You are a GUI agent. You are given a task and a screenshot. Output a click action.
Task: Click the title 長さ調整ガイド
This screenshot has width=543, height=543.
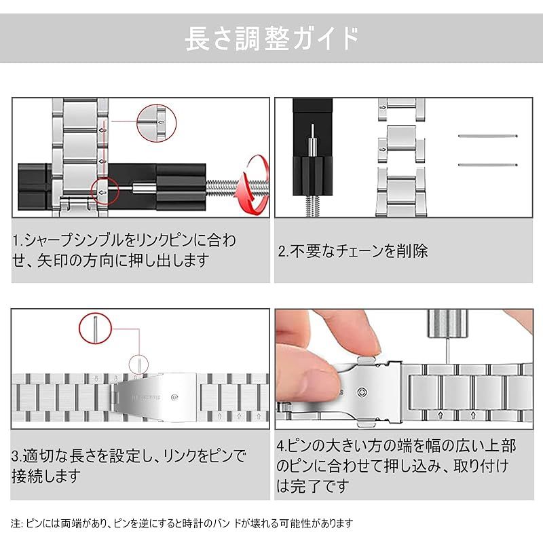point(271,39)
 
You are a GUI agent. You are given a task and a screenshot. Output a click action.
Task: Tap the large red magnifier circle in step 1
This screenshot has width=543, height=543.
point(157,123)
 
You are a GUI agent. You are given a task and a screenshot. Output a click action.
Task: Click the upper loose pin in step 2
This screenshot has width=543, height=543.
point(487,136)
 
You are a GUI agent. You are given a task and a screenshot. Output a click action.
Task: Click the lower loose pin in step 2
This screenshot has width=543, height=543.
point(487,165)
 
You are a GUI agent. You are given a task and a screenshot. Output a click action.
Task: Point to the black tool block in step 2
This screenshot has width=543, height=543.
point(312,147)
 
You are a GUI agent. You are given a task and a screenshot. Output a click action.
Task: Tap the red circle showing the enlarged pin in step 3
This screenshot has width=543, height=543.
point(96,328)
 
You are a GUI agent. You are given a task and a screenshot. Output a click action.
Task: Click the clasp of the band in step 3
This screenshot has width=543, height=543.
point(156,397)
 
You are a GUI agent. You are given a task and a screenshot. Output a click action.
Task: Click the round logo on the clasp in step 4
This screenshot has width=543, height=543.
point(362,393)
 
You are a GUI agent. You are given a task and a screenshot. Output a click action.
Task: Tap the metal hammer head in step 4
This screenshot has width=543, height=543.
point(447,324)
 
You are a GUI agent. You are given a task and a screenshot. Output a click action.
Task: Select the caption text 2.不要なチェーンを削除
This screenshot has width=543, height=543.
point(353,251)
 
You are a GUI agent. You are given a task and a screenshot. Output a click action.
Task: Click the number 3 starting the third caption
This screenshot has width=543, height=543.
point(15,456)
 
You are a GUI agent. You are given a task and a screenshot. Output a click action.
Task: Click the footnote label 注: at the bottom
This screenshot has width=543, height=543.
point(16,523)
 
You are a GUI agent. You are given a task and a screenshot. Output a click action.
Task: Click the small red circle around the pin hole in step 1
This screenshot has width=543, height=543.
point(105,191)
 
